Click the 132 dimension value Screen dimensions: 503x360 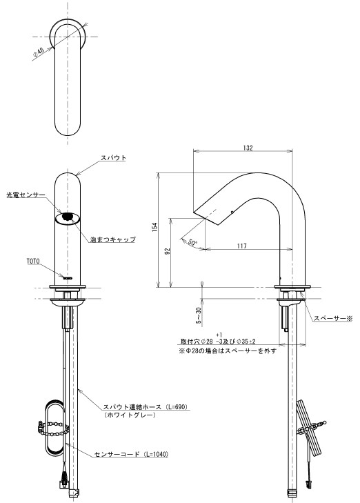tap(248, 148)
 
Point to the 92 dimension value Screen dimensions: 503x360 tap(168, 252)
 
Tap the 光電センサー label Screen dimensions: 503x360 tap(26, 195)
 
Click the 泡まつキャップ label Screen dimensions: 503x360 tap(112, 239)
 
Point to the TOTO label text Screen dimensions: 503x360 tap(34, 262)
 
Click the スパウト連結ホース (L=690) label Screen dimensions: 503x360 tap(146, 408)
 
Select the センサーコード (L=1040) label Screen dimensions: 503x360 tap(132, 454)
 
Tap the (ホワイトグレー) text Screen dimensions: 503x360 tap(128, 416)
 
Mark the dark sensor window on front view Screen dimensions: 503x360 tap(68, 217)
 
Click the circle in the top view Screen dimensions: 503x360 tap(68, 31)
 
